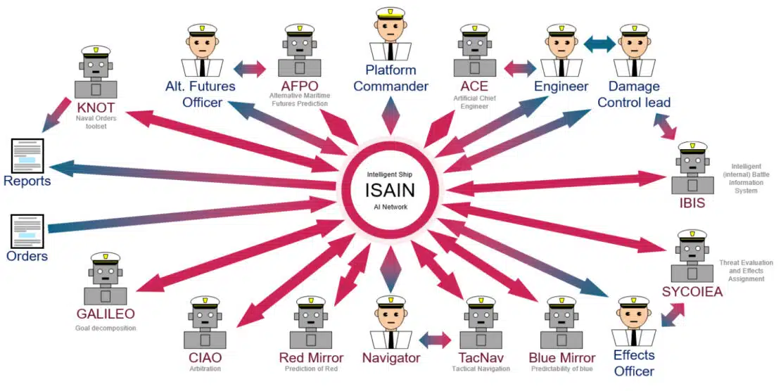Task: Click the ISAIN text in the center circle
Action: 390,190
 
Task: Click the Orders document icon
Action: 27,231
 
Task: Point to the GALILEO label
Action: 105,313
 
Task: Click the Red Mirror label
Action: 311,358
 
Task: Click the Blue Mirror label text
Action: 561,358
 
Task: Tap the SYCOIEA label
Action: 692,292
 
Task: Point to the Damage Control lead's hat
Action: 634,30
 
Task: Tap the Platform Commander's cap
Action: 390,13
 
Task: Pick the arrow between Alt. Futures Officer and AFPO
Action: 249,68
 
